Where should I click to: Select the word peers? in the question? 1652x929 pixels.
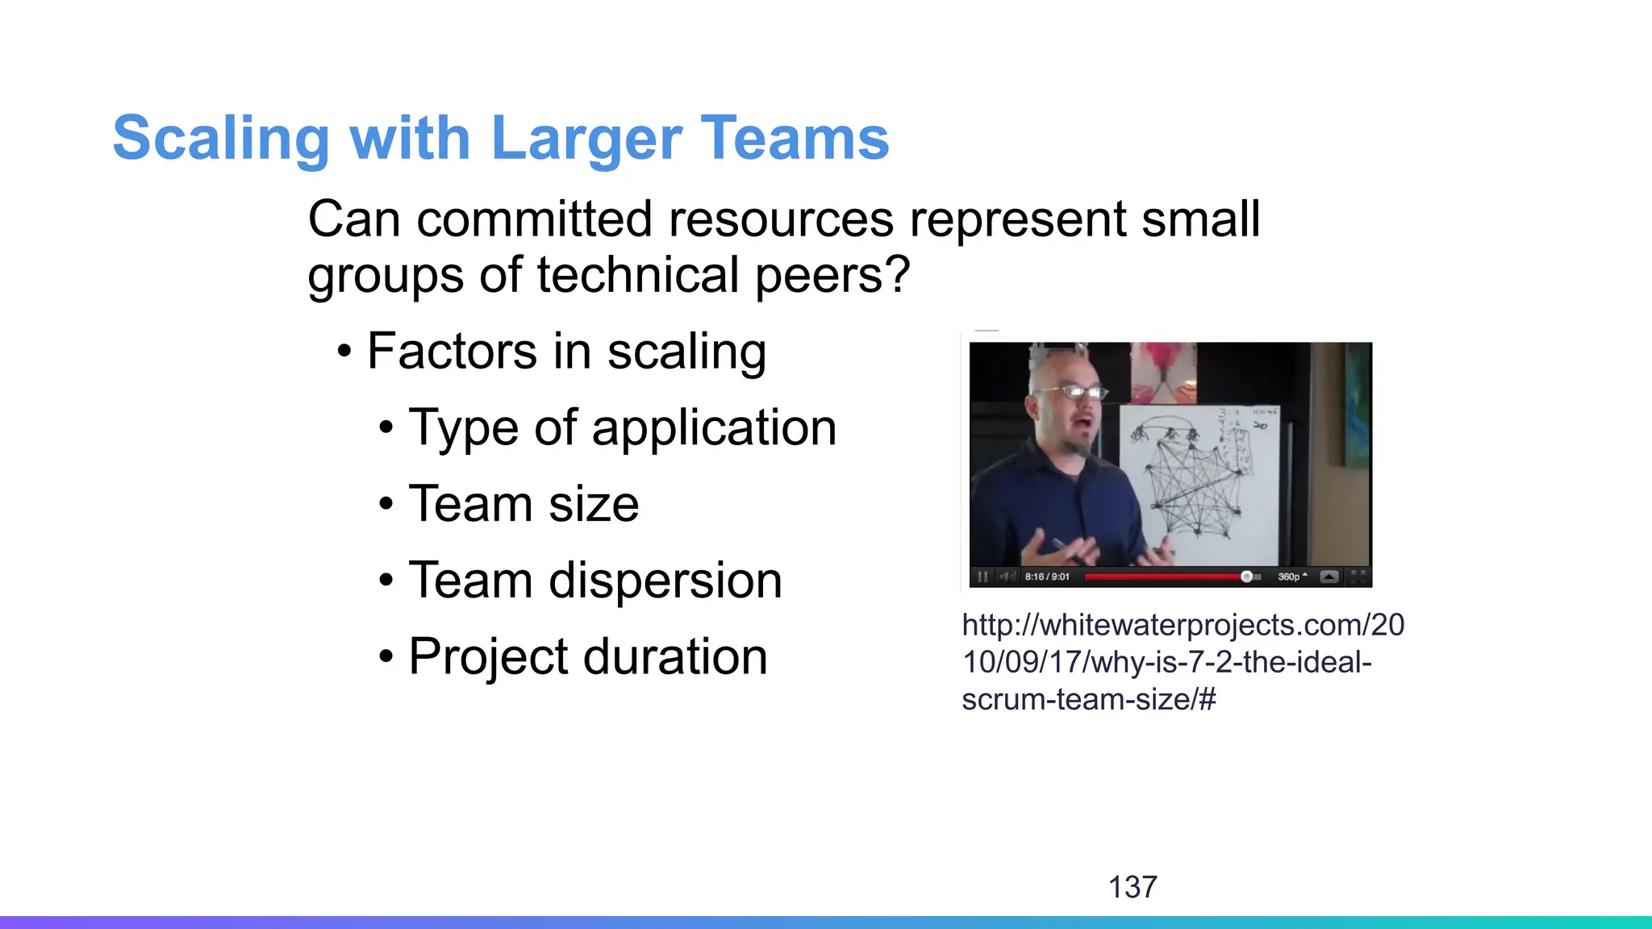[832, 276]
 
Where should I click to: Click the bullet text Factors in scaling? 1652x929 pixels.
[566, 352]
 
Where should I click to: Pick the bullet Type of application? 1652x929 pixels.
[622, 427]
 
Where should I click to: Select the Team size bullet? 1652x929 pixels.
[524, 504]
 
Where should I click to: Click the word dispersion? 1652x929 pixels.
[665, 581]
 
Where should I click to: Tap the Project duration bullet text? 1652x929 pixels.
[587, 656]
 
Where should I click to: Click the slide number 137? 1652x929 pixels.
[1133, 887]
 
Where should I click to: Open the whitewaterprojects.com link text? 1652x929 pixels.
[1182, 661]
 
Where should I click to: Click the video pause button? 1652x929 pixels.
[982, 577]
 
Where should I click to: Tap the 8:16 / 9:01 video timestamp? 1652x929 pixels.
[1047, 577]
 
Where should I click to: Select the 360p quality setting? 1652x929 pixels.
[1291, 577]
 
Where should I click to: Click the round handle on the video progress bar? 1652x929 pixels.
[1246, 577]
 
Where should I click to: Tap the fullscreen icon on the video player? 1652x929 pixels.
[1358, 577]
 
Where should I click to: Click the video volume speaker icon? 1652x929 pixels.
[1007, 577]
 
